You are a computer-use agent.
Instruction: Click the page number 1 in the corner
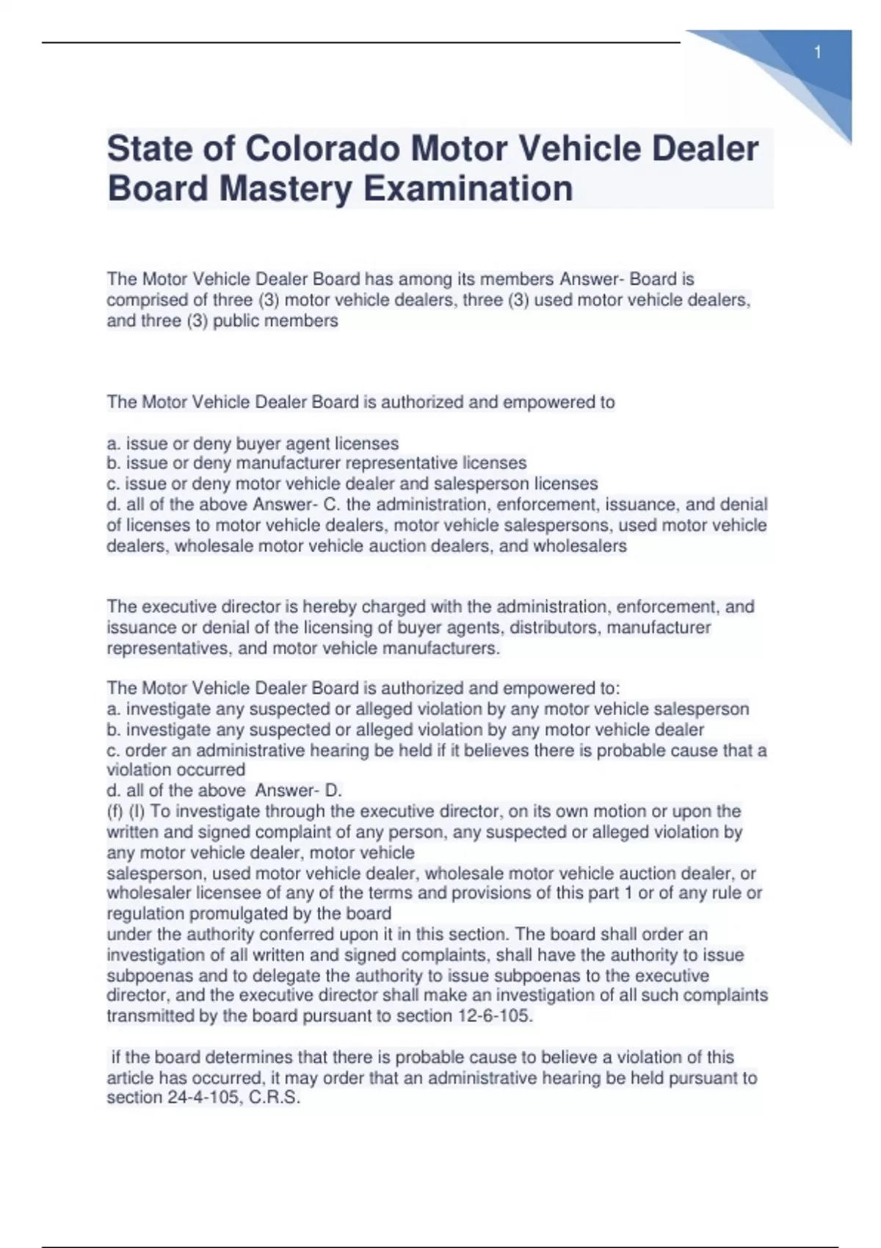pyautogui.click(x=818, y=52)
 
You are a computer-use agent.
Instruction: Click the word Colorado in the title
pyautogui.click(x=322, y=149)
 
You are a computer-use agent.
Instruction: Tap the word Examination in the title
pyautogui.click(x=468, y=189)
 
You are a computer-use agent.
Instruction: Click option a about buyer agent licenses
pyautogui.click(x=253, y=443)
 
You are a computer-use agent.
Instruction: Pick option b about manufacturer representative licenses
pyautogui.click(x=316, y=463)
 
